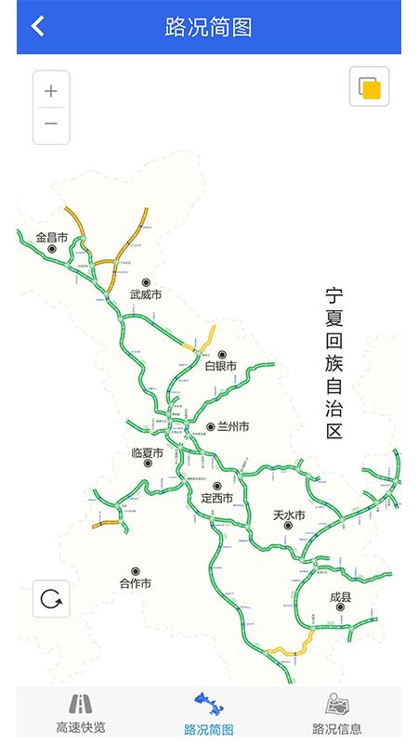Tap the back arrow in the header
coord(37,26)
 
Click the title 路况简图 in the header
coord(208,27)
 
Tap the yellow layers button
coord(370,87)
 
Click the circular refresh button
coord(51,599)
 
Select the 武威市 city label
coord(146,294)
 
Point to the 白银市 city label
coord(221,366)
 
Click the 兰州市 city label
coord(233,427)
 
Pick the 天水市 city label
coord(289,515)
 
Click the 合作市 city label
coord(136,583)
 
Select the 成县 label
coord(340,596)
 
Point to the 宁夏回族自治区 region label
coord(334,362)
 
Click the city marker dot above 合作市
coord(136,571)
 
